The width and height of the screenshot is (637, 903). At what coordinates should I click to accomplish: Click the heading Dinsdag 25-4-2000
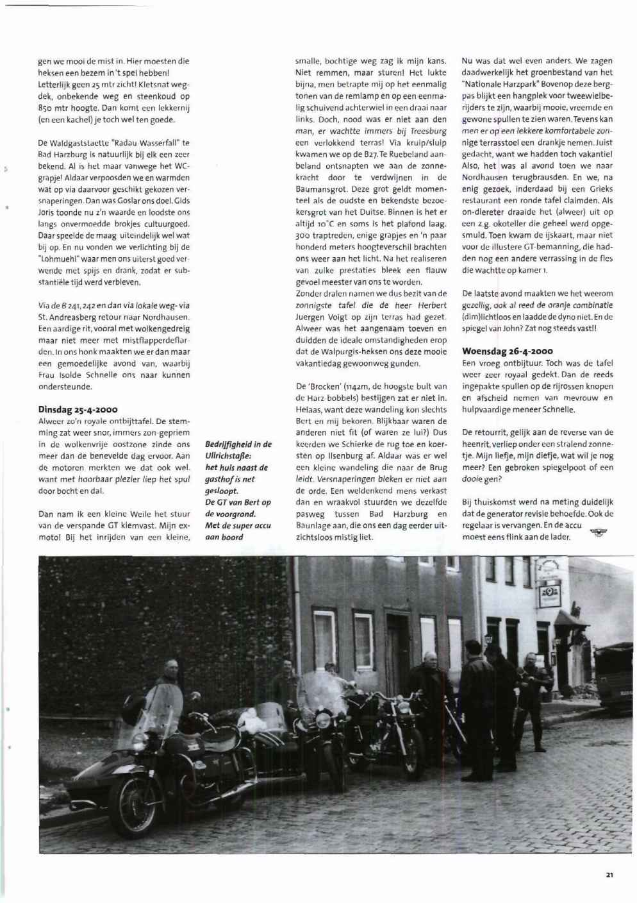tap(78, 409)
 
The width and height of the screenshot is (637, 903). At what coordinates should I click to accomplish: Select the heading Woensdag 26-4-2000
tap(507, 351)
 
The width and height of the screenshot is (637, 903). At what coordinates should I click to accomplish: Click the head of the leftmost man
tap(170, 671)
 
